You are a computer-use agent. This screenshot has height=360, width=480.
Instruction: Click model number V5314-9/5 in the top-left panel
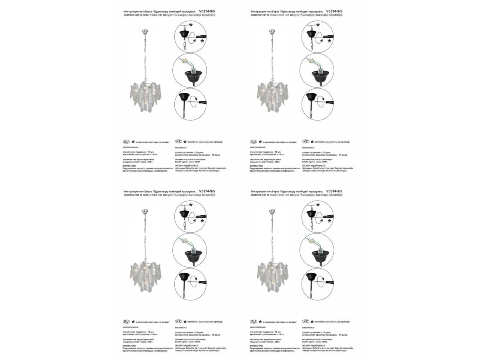coord(207,12)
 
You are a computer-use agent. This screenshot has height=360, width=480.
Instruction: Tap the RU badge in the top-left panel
coord(126,142)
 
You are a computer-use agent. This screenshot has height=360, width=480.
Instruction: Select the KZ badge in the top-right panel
coord(306,142)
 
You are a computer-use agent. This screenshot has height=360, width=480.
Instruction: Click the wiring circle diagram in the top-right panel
coord(317,70)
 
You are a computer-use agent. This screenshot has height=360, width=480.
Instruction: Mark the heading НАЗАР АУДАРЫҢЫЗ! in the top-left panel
coord(187,165)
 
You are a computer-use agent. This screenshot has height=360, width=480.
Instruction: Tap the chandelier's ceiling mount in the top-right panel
coord(272,31)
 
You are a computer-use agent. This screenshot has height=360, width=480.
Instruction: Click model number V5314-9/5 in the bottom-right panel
coord(334,192)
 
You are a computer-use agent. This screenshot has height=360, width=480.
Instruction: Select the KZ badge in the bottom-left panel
coord(179,322)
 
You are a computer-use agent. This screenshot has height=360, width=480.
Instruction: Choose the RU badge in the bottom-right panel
coord(254,322)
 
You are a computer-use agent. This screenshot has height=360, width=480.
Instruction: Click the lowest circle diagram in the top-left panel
coord(190,104)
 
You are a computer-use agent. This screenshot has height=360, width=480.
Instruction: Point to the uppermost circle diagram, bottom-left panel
coord(190,216)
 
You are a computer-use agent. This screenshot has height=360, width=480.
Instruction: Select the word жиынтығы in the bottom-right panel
coord(308,327)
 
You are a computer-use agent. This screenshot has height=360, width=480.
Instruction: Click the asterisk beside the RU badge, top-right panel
coord(260,142)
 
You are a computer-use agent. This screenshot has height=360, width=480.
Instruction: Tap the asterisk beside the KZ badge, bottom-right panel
coord(312,322)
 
